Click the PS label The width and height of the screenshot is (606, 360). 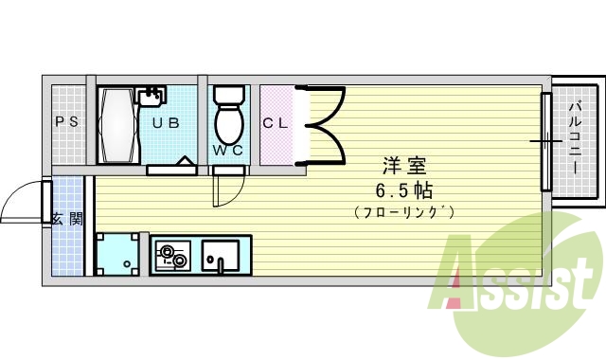click(66, 122)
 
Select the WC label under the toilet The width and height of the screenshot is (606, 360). click(227, 151)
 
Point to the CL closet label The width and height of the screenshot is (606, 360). click(276, 122)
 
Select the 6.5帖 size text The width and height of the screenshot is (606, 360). click(403, 189)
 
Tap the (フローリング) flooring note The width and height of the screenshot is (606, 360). click(404, 211)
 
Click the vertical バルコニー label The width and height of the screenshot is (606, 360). click(576, 138)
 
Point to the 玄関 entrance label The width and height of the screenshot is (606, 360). click(66, 219)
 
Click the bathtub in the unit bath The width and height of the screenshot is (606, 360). click(117, 125)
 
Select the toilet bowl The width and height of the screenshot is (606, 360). click(228, 117)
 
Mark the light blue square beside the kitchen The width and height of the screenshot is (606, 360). click(120, 253)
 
